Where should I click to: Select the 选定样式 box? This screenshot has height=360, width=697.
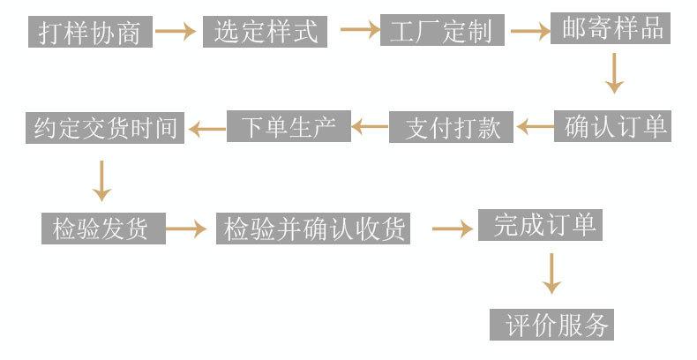coord(265,32)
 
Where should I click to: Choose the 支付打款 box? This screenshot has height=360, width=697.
coord(453,128)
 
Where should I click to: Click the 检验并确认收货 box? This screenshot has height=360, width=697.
coord(315,229)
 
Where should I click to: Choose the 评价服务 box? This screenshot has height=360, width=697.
coord(551,324)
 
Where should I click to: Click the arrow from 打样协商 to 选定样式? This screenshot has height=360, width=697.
coord(176,32)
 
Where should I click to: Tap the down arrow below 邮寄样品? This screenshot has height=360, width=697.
coord(614,73)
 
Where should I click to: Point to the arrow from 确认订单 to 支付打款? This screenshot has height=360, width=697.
coord(535,128)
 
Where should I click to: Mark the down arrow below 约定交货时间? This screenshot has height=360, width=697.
coord(102,181)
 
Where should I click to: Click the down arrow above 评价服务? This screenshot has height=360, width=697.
coord(551,274)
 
